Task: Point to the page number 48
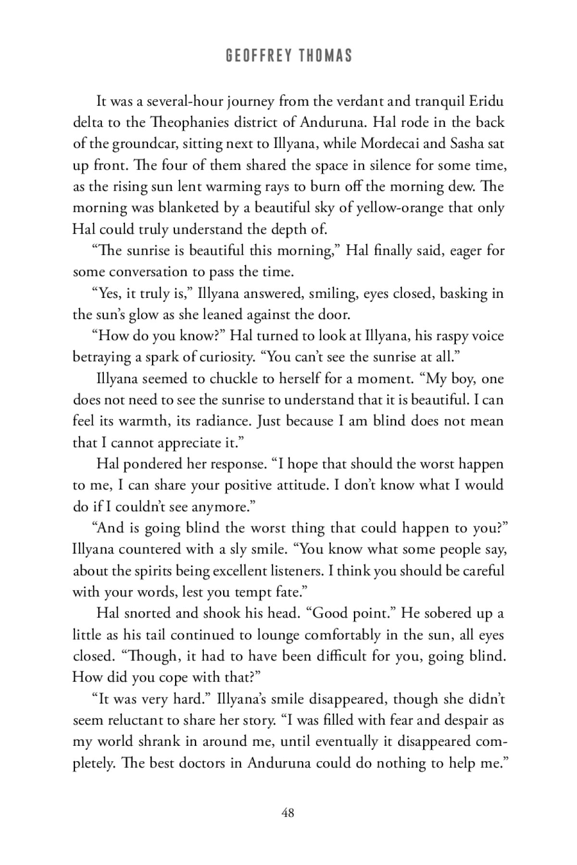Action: pos(288,813)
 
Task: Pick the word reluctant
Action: pos(136,720)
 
